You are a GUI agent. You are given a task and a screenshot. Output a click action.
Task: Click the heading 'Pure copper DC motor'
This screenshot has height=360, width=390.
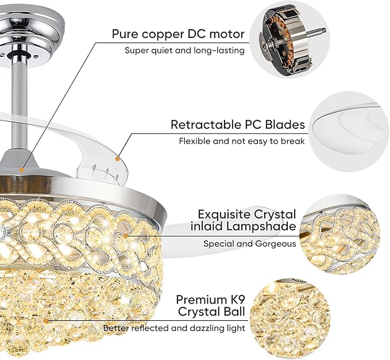coord(178,33)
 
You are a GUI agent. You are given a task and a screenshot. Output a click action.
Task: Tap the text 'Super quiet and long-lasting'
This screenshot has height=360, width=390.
coord(184,51)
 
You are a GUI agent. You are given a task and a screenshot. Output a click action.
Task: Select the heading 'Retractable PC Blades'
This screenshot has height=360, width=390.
coord(237,125)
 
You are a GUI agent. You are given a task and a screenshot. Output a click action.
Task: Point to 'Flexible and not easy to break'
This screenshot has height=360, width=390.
coord(241,141)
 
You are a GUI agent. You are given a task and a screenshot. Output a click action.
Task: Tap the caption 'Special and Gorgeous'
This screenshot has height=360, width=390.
coord(250,244)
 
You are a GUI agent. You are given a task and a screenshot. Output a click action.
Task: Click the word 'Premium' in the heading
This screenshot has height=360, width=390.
coord(204,300)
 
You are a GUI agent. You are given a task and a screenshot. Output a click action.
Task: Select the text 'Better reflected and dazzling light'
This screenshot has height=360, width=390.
coord(174,328)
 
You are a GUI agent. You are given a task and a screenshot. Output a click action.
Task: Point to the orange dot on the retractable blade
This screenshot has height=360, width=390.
coord(116,156)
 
